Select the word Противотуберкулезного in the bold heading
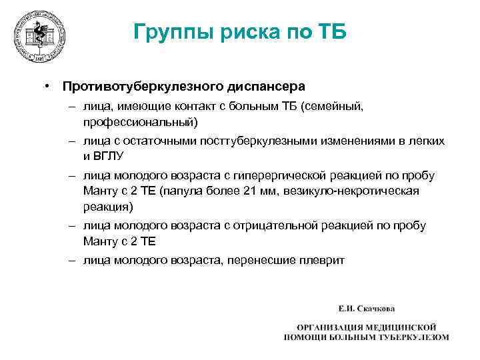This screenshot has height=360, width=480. [143, 87]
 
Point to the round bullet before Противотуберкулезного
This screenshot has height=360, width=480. [48, 87]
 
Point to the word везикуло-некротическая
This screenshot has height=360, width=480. [361, 191]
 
